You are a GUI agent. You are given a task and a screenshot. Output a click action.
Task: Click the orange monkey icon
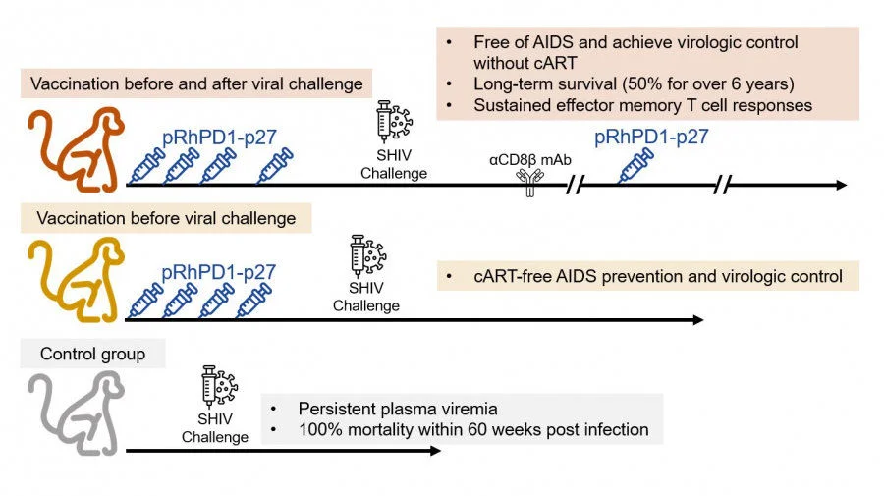[x=73, y=147]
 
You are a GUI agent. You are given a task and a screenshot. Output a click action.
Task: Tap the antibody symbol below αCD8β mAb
[x=532, y=181]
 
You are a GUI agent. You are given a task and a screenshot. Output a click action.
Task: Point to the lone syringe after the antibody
[x=635, y=166]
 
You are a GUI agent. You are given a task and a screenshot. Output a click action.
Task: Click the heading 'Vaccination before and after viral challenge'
[x=197, y=83]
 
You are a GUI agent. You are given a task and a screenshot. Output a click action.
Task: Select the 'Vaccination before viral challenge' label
[x=165, y=218]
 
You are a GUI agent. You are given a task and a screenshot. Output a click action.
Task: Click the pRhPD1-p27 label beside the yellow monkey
[x=218, y=271]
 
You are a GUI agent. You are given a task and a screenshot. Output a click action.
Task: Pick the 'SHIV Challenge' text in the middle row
[x=365, y=297]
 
